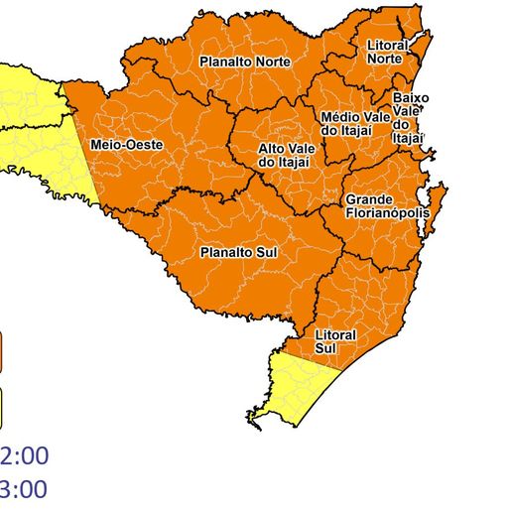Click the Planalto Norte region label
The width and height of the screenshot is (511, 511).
point(244,62)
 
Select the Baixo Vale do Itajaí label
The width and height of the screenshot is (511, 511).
point(410,118)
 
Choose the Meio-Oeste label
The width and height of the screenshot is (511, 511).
point(125,145)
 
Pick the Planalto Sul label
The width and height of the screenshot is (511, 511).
point(238,252)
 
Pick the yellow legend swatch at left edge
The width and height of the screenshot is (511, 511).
point(2,404)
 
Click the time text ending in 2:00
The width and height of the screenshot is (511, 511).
point(24,456)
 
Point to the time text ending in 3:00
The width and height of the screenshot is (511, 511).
point(24,489)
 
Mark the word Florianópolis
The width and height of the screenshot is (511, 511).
point(386,212)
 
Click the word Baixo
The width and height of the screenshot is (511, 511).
point(410,98)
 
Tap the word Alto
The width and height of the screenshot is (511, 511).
point(273,148)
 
